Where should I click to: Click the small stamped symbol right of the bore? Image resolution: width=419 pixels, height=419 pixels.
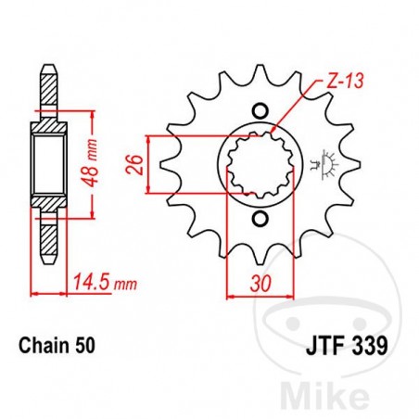[x=323, y=163]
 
